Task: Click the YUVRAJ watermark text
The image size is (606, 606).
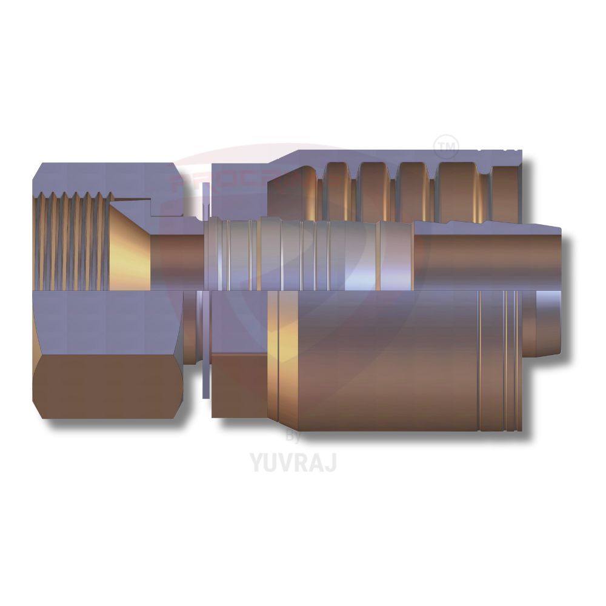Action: click(293, 462)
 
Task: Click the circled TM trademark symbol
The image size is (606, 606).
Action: click(447, 146)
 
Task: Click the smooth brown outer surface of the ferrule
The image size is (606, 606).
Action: click(388, 364)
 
